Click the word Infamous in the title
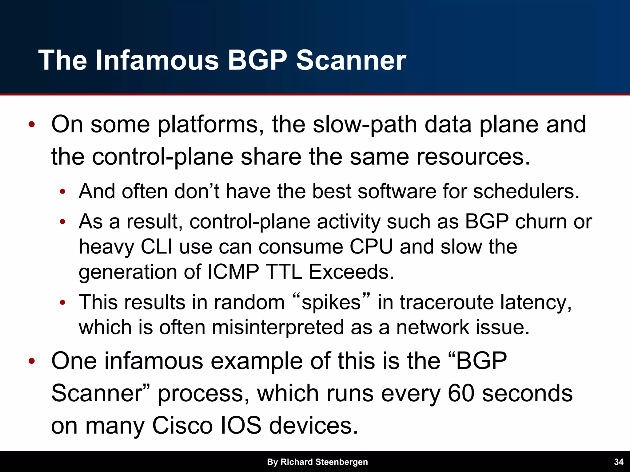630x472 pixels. click(157, 60)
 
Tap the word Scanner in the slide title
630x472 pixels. click(351, 60)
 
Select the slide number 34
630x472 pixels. click(619, 462)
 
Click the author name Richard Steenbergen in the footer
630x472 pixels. click(324, 462)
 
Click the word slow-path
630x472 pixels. click(365, 125)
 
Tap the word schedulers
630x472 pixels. click(526, 191)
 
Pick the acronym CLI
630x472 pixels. click(157, 246)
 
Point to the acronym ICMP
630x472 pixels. click(233, 272)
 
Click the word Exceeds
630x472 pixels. click(351, 272)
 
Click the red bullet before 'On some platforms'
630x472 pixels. click(31, 125)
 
